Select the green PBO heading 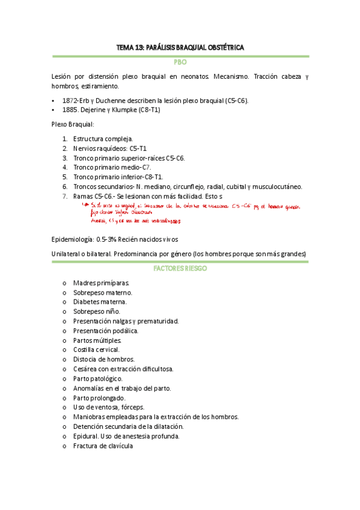[180, 62]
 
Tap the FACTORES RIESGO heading [180, 269]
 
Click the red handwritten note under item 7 [192, 213]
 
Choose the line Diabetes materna [99, 301]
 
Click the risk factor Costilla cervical [96, 349]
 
